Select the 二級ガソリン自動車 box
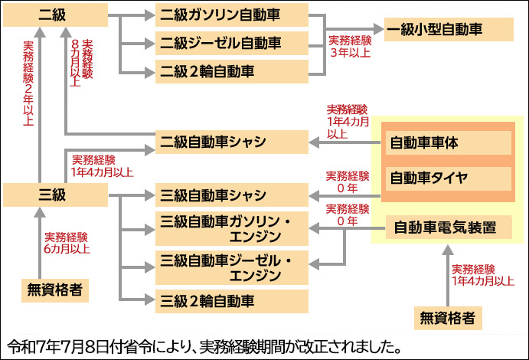tap(231, 15)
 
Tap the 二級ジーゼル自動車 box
tap(231, 42)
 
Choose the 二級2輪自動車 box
tap(231, 71)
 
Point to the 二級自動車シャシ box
tap(231, 142)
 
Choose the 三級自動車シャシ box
tap(231, 195)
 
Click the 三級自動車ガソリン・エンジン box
tap(231, 228)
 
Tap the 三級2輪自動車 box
tap(231, 299)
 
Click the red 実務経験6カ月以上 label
tap(68, 242)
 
